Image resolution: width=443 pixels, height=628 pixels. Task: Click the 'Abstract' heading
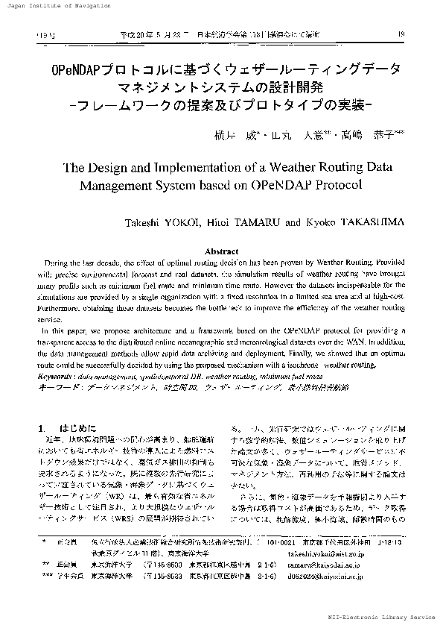tap(221, 252)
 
